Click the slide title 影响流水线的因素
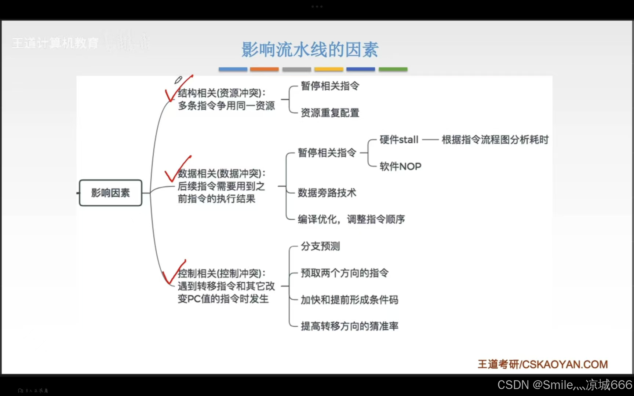coord(310,49)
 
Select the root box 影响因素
coord(110,193)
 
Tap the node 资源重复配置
coord(330,113)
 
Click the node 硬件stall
coord(399,140)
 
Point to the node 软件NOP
coord(400,166)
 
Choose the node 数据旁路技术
coord(327,193)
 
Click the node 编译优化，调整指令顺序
coord(351,219)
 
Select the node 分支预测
coord(320,246)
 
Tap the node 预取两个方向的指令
coord(345,273)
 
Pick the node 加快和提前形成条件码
coord(349,300)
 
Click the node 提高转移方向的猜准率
coord(349,326)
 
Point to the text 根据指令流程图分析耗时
coord(495,140)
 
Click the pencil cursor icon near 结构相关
coord(178,80)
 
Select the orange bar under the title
coord(264,69)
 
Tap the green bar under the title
coord(393,69)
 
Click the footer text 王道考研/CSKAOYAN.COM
coord(543,364)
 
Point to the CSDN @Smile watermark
coord(564,385)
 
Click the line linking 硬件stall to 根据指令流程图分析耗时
coord(430,140)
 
